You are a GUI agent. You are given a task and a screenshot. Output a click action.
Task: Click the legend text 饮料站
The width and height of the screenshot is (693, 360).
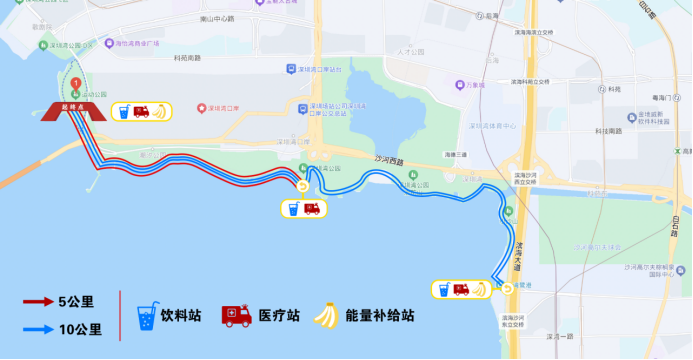[181, 315]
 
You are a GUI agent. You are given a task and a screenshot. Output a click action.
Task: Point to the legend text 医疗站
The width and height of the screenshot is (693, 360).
[279, 315]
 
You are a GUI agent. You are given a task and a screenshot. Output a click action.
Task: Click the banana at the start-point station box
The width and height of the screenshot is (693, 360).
[159, 111]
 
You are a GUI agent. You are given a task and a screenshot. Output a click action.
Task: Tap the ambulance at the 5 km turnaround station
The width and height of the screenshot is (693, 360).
[311, 209]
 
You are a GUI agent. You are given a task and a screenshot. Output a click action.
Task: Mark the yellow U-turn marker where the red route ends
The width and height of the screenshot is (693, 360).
[304, 184]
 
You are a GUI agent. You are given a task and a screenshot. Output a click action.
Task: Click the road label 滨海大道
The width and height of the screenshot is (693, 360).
[518, 251]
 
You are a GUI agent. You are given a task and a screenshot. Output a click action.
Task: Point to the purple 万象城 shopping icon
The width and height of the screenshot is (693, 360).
[459, 85]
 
